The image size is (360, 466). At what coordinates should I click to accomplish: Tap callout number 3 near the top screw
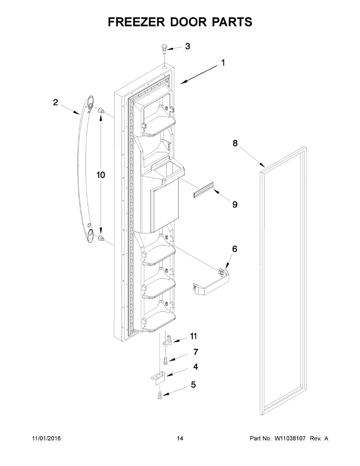188,47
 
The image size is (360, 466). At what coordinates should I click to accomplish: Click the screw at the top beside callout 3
163,49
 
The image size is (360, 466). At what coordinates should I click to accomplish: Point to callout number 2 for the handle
56,103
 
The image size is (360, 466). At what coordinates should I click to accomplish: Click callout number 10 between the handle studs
101,175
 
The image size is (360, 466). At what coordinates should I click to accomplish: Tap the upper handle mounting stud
102,110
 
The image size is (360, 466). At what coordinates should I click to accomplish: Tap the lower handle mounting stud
102,238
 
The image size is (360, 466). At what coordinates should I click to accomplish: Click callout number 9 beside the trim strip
235,204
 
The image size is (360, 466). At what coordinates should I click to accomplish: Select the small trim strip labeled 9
204,191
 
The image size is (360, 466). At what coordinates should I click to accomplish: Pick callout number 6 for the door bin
235,249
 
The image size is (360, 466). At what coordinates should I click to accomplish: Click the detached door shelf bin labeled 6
212,282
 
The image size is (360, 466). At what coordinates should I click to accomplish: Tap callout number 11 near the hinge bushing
193,336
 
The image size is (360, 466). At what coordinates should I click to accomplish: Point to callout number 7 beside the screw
196,352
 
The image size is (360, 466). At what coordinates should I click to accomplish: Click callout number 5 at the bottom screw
193,385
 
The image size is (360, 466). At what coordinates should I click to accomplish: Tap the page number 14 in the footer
180,438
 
